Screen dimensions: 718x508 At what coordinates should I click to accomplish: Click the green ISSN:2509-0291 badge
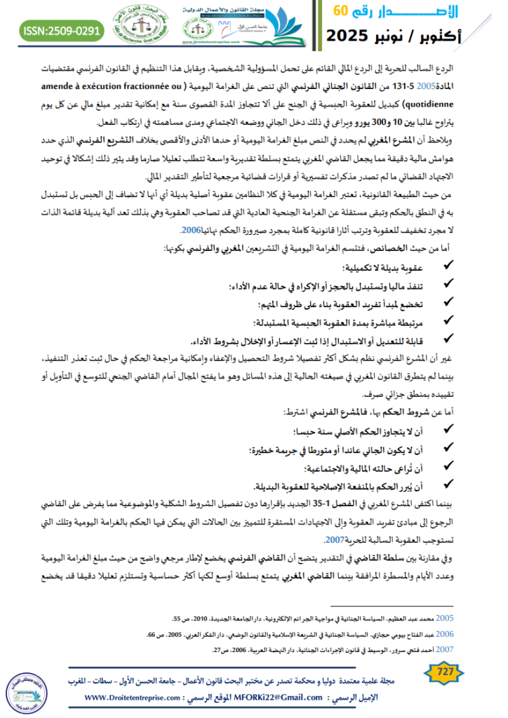point(62,31)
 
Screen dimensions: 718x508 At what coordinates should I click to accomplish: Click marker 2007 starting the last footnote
point(446,649)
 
